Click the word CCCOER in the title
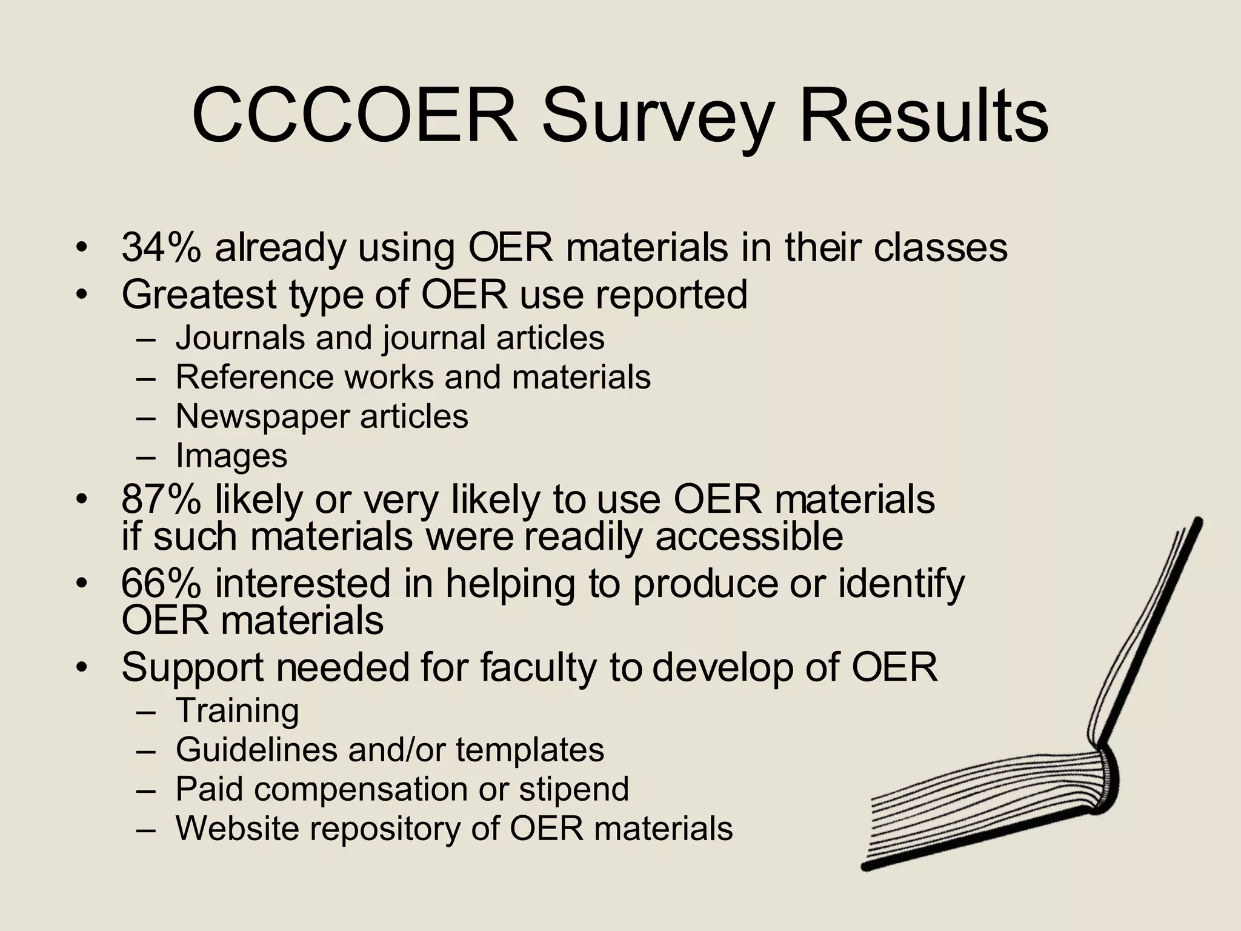pyautogui.click(x=354, y=115)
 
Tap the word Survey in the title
pyautogui.click(x=657, y=118)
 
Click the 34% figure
pyautogui.click(x=161, y=248)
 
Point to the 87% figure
pyautogui.click(x=161, y=499)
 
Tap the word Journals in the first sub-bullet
pyautogui.click(x=239, y=338)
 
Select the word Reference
pyautogui.click(x=255, y=377)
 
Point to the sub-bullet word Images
pyautogui.click(x=231, y=456)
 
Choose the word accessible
pyautogui.click(x=749, y=537)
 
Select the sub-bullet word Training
pyautogui.click(x=237, y=711)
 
